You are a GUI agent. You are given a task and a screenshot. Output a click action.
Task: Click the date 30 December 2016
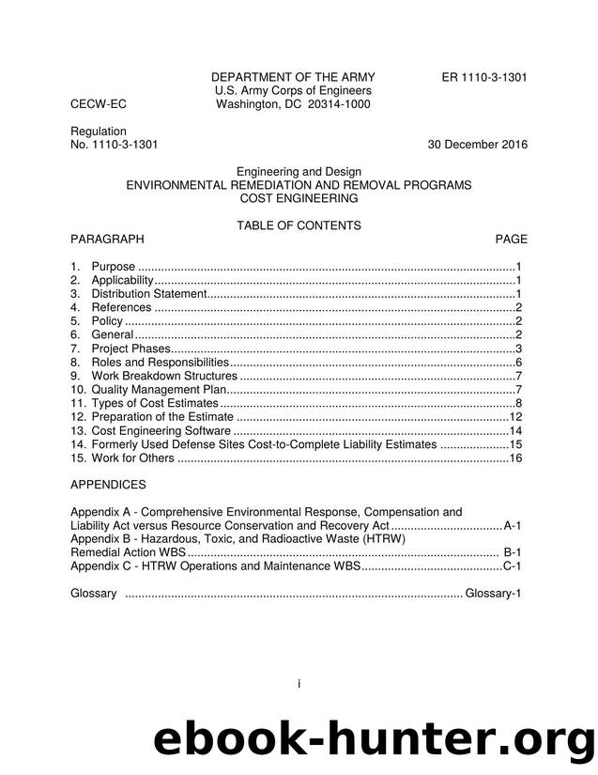pyautogui.click(x=477, y=145)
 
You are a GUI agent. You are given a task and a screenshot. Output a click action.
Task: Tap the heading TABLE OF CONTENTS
pyautogui.click(x=299, y=225)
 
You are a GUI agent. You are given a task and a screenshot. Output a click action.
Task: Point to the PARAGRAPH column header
pyautogui.click(x=107, y=240)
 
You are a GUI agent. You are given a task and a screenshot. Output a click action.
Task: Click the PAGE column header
pyautogui.click(x=511, y=240)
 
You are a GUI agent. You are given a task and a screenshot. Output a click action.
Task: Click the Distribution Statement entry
pyautogui.click(x=146, y=294)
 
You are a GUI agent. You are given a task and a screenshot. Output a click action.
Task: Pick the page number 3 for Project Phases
pyautogui.click(x=518, y=349)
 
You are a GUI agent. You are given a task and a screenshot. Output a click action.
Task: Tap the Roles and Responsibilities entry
pyautogui.click(x=160, y=363)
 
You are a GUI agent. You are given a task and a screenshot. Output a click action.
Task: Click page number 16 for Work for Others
pyautogui.click(x=514, y=457)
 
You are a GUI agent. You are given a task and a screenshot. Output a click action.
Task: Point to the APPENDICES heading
pyautogui.click(x=108, y=485)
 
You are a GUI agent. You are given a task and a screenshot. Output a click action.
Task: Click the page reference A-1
pyautogui.click(x=513, y=526)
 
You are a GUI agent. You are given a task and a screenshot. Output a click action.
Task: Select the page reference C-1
pyautogui.click(x=513, y=566)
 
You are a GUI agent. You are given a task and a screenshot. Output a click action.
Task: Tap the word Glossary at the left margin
pyautogui.click(x=94, y=594)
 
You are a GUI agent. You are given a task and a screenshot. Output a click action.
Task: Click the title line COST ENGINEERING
pyautogui.click(x=299, y=199)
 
